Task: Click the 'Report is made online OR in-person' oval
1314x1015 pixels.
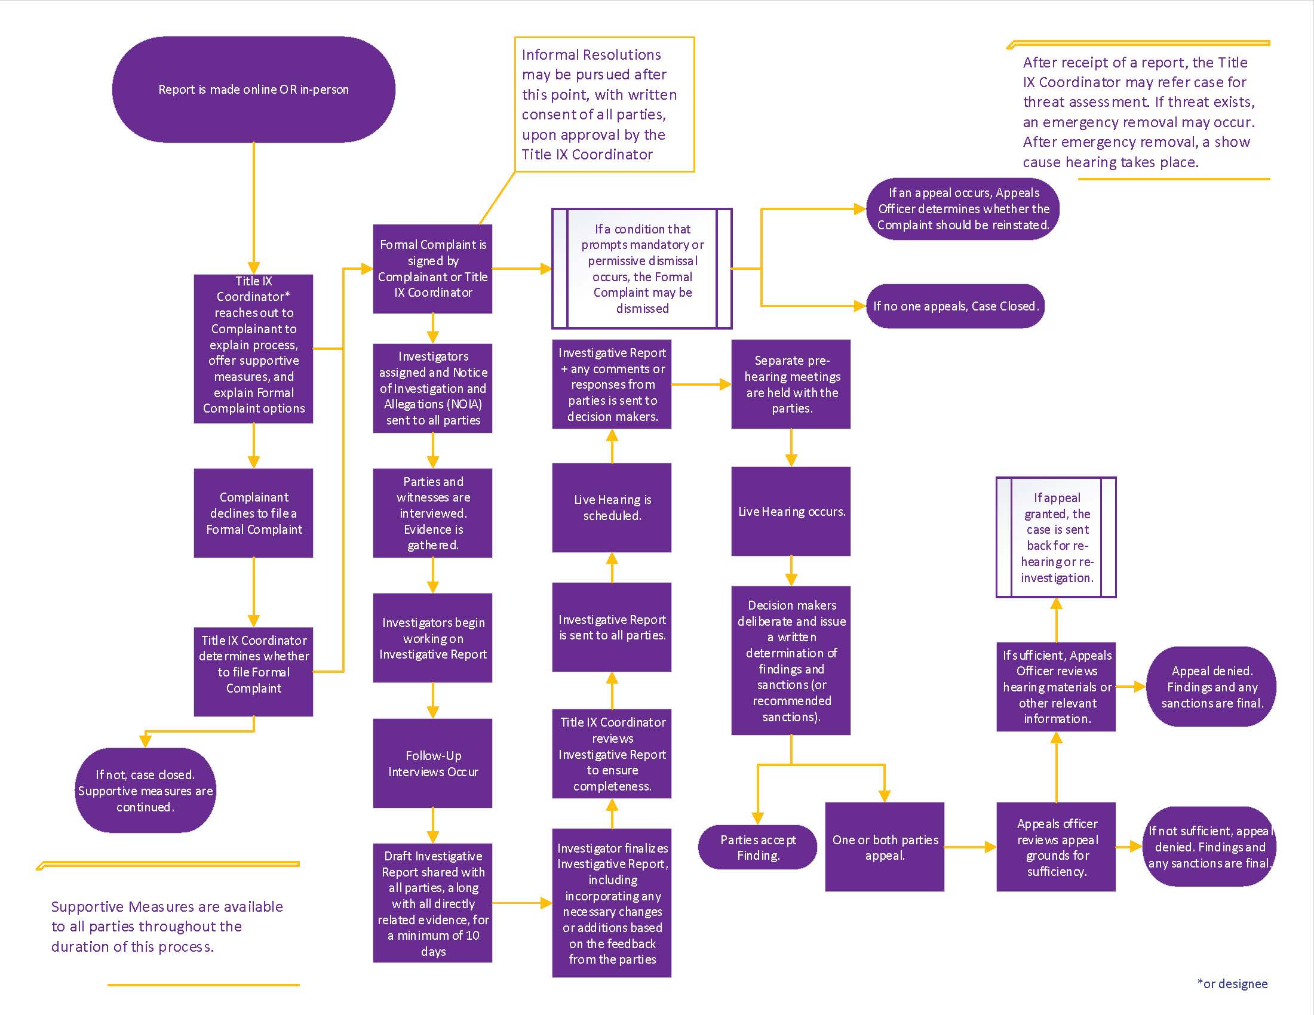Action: [x=253, y=90]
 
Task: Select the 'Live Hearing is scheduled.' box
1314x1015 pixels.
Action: [x=612, y=507]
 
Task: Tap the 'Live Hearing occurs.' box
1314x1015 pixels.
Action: [x=791, y=511]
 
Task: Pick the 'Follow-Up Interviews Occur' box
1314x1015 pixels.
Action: [x=432, y=763]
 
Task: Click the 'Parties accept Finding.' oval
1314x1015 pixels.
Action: [x=757, y=847]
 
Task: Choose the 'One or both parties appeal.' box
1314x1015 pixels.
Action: [x=885, y=847]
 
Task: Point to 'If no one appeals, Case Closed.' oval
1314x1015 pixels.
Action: [x=956, y=306]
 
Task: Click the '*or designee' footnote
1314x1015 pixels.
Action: [x=1232, y=984]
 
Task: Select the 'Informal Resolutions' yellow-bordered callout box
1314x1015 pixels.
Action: [x=604, y=104]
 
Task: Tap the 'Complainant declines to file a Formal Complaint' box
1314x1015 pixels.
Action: [x=253, y=513]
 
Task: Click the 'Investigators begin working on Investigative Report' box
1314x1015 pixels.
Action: [x=432, y=638]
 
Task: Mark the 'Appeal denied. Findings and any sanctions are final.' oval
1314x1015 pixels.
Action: [x=1212, y=687]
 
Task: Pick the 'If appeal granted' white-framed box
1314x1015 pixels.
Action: [x=1057, y=537]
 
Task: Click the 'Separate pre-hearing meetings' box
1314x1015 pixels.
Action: [x=791, y=385]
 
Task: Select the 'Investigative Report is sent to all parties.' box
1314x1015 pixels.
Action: [x=612, y=627]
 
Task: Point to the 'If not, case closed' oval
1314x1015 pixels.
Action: [x=145, y=791]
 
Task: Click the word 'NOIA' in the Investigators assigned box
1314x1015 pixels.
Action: [x=462, y=404]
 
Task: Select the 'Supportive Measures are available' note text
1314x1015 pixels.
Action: [x=167, y=926]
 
